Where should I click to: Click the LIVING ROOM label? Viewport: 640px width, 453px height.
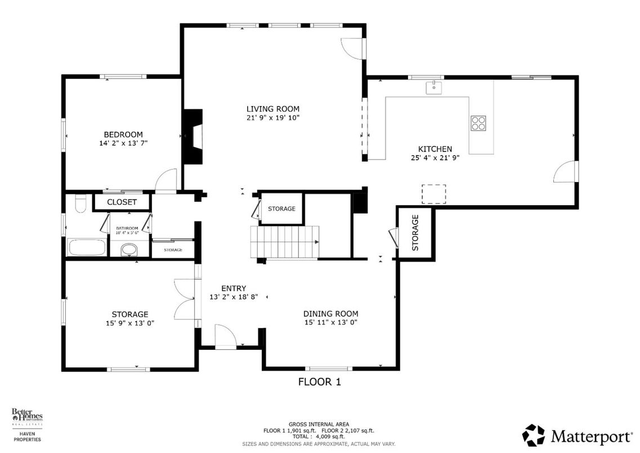click(272, 109)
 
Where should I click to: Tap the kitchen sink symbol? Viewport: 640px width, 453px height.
click(434, 87)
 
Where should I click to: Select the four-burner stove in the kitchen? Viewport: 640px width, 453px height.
click(478, 123)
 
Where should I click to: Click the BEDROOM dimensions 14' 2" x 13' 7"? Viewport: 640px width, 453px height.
click(123, 143)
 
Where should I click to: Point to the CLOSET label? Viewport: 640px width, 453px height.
click(122, 202)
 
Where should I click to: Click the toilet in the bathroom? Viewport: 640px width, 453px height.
click(79, 204)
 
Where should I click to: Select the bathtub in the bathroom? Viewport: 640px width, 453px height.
click(86, 247)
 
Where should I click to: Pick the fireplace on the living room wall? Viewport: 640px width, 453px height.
click(193, 136)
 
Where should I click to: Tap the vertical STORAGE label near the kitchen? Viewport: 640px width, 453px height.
click(415, 232)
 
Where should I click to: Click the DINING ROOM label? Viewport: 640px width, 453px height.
click(330, 314)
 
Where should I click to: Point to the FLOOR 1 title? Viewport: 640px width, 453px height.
click(319, 381)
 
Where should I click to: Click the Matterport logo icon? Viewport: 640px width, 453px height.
click(533, 435)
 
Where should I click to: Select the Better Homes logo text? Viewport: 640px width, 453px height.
click(27, 418)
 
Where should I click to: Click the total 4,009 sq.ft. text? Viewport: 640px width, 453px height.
click(319, 437)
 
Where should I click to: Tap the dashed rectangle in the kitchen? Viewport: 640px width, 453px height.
click(433, 193)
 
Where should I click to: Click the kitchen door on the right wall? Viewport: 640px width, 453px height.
click(566, 172)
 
